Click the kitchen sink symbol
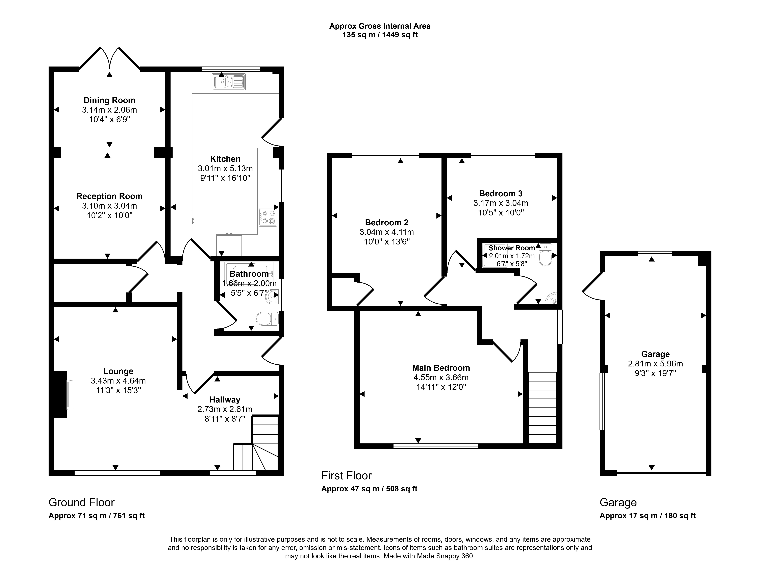tap(229, 82)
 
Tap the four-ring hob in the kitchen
tap(268, 217)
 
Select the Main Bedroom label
tap(441, 368)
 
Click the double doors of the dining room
tap(110, 58)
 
